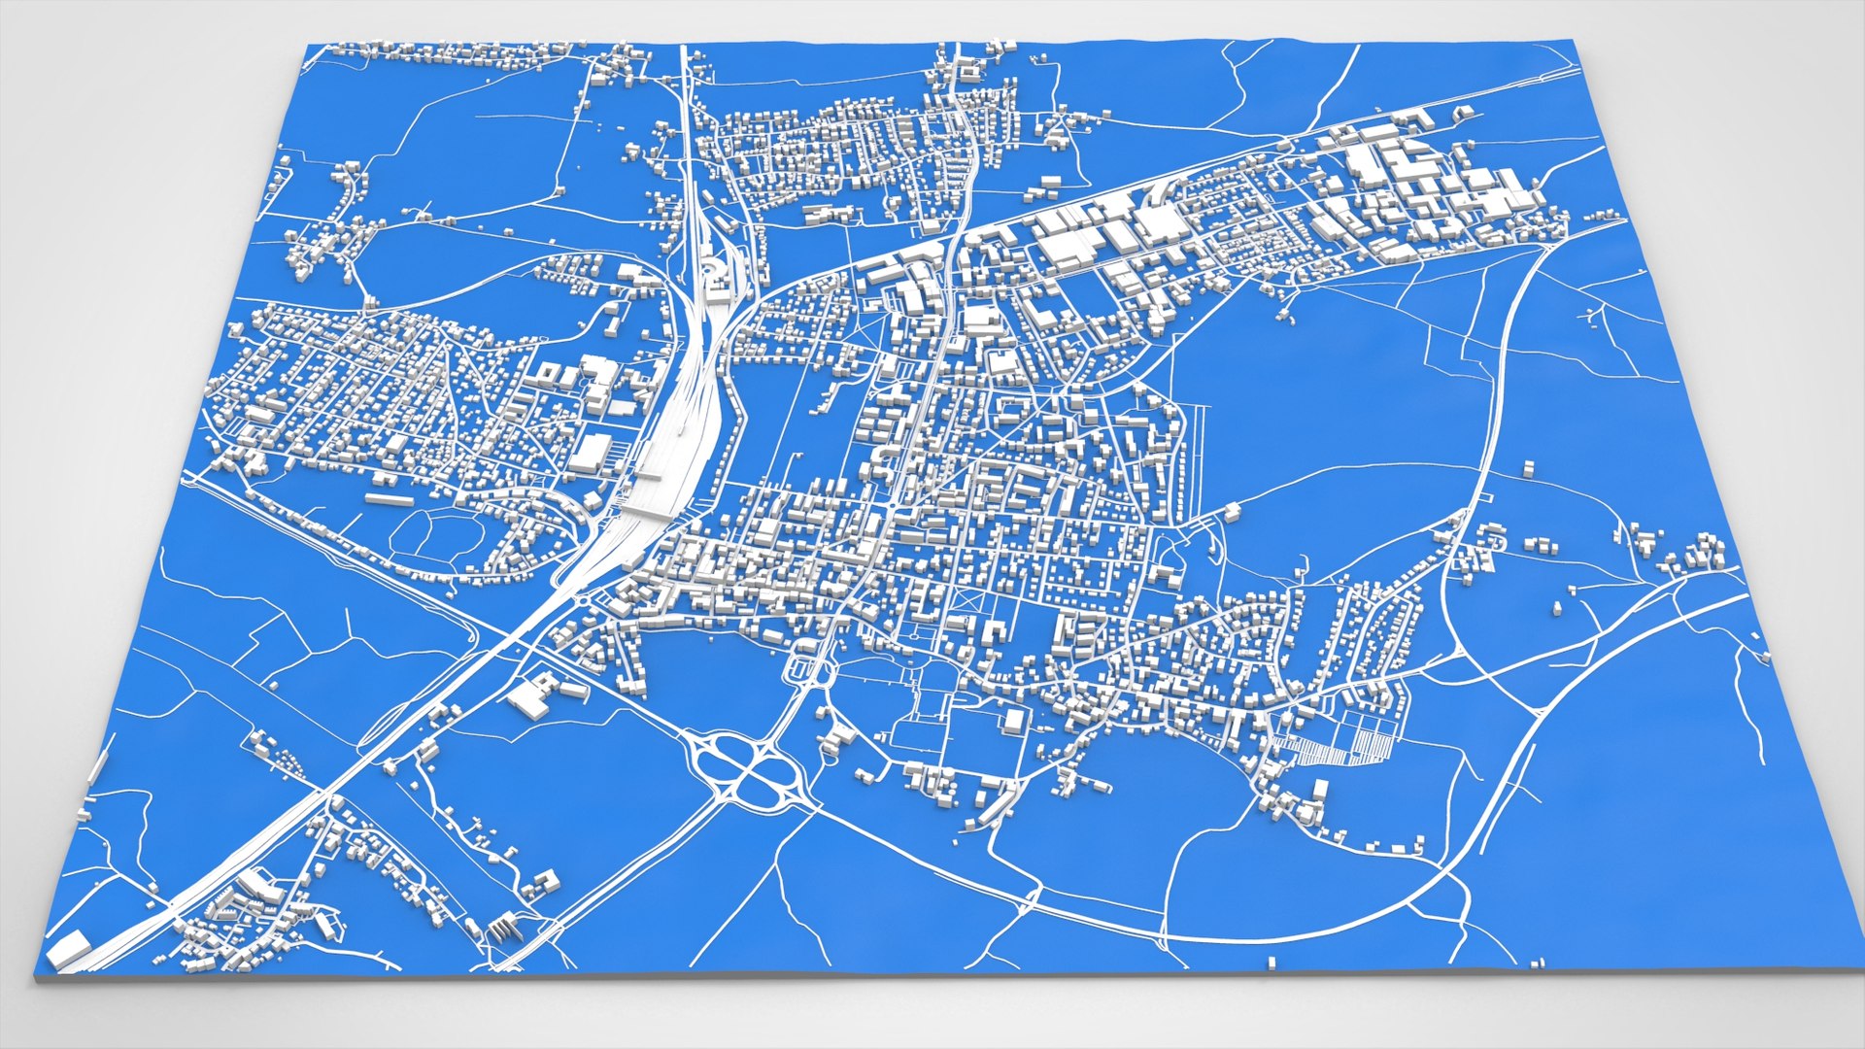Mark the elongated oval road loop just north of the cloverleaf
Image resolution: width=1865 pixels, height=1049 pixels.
pos(804,669)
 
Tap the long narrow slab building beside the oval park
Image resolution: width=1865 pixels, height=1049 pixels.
pos(389,499)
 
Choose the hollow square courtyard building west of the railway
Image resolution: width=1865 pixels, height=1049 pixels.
pos(548,375)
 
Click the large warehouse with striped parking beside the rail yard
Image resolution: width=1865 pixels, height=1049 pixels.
pos(591,451)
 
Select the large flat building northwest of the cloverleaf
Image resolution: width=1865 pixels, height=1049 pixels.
pos(529,697)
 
